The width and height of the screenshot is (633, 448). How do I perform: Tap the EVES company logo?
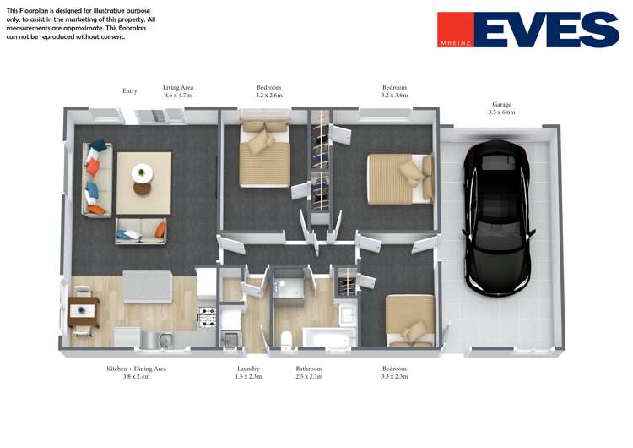(x=528, y=30)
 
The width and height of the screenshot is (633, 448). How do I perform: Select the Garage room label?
(x=501, y=104)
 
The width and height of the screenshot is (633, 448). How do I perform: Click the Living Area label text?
(x=178, y=87)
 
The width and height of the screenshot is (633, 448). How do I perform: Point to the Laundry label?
(x=248, y=369)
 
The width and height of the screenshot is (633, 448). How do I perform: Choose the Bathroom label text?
(x=309, y=369)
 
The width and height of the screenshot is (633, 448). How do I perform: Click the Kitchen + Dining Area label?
(x=137, y=369)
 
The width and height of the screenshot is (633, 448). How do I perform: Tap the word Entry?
(x=130, y=91)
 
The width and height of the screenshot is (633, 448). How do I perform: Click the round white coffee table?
(x=142, y=173)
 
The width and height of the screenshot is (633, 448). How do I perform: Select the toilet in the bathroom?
(x=286, y=340)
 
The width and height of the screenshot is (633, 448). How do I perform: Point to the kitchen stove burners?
(x=208, y=317)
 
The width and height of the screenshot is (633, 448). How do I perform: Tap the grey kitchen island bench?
(x=148, y=287)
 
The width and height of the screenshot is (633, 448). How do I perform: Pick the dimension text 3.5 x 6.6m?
(x=501, y=112)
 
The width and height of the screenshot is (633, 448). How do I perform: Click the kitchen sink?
(x=166, y=340)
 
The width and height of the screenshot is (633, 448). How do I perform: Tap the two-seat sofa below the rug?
(x=140, y=231)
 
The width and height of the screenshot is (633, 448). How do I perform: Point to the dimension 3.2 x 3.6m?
(x=394, y=96)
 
